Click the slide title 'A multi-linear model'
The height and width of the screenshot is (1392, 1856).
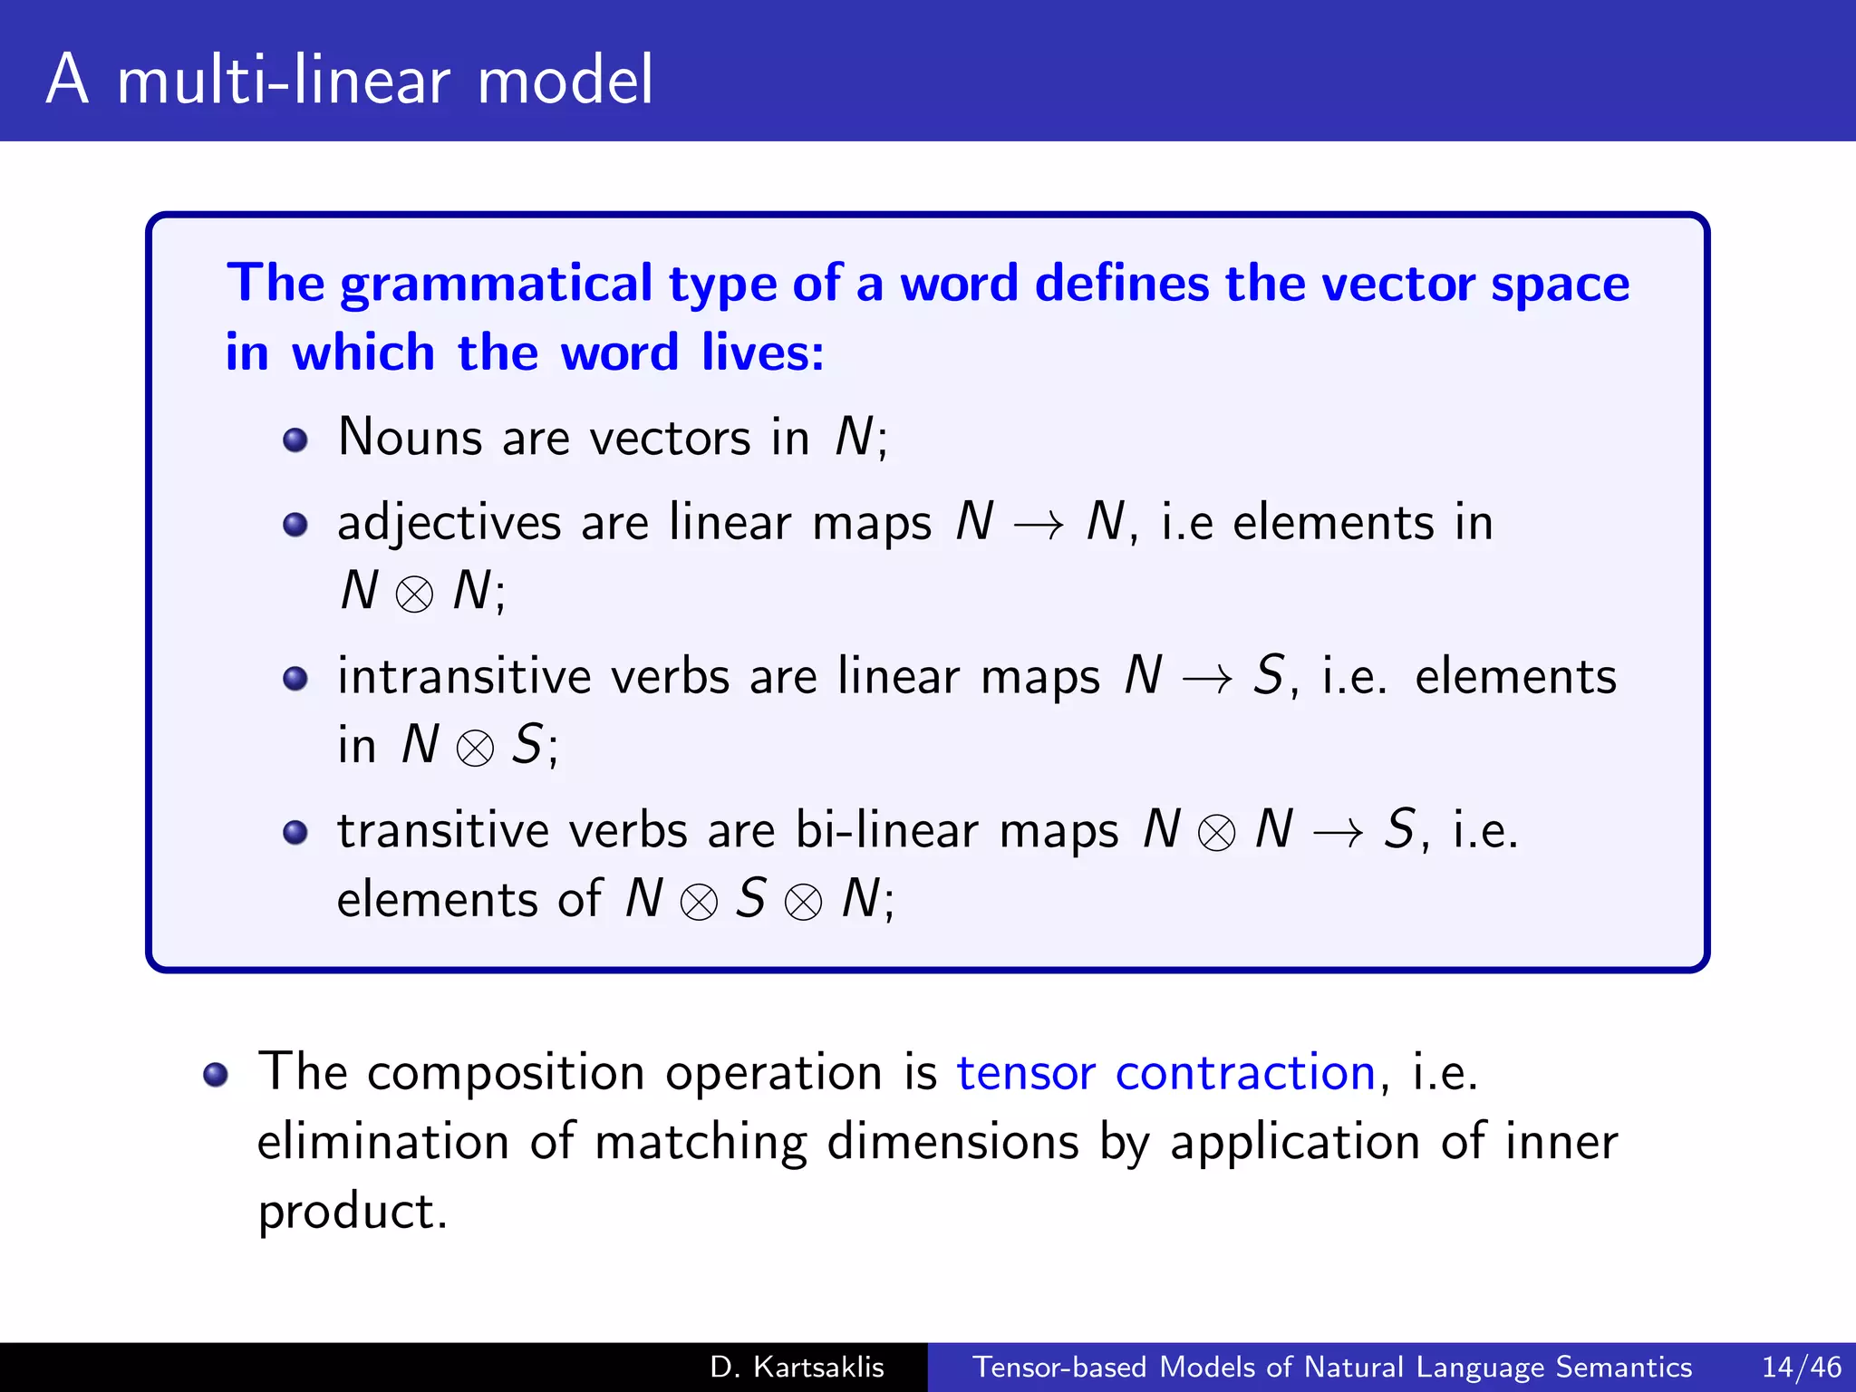tap(349, 80)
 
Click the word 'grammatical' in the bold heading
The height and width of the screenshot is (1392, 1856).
tap(496, 285)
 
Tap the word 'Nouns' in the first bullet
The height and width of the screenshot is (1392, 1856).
tap(410, 437)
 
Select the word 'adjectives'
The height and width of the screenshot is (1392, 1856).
tap(449, 524)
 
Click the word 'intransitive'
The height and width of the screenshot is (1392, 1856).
tap(464, 677)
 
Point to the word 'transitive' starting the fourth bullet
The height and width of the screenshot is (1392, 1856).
tap(443, 830)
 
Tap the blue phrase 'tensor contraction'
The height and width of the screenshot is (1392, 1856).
tap(1166, 1073)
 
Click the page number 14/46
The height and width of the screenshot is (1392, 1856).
tap(1802, 1367)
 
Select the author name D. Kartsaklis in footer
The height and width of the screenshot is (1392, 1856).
tap(797, 1367)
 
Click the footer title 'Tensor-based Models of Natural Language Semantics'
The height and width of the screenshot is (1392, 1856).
tap(1332, 1367)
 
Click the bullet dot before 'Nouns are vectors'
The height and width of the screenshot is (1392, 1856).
tap(295, 440)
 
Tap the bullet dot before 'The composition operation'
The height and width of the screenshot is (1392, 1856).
tap(216, 1075)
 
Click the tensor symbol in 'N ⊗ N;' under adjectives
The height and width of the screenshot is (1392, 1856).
tap(415, 594)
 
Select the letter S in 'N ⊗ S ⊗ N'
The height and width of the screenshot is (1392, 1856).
tap(750, 899)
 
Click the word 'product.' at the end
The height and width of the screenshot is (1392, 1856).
tap(353, 1211)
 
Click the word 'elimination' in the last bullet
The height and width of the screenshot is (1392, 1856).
tap(382, 1142)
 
